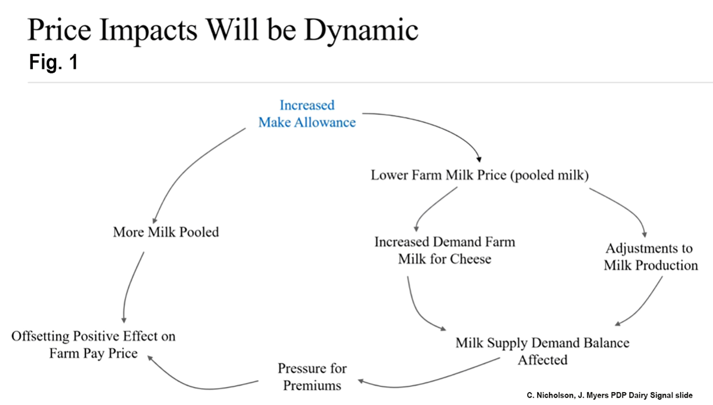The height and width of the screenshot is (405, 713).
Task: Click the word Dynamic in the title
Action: tap(361, 30)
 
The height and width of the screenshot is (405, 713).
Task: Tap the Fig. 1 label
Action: tap(53, 62)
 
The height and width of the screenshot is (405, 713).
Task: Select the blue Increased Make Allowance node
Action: tap(307, 114)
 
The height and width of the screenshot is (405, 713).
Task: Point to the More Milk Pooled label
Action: tap(166, 232)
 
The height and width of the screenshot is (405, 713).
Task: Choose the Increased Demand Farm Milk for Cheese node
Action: tap(444, 250)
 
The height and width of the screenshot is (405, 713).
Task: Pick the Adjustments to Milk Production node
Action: tap(650, 257)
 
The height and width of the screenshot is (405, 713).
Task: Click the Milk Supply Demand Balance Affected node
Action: tap(542, 351)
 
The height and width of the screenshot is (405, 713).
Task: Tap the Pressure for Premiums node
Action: tap(312, 376)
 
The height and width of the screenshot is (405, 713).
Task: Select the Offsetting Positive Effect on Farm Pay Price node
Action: tap(93, 345)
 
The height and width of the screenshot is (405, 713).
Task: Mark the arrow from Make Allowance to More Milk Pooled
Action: tap(190, 166)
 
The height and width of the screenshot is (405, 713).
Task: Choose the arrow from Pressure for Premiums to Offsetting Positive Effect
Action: tap(200, 386)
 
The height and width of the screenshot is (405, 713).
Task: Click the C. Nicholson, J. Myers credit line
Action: tap(609, 395)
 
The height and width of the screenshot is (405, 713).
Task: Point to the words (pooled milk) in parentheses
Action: tap(549, 175)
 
